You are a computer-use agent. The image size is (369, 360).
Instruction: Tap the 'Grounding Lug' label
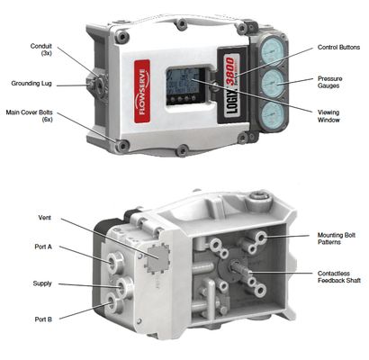(x=36, y=85)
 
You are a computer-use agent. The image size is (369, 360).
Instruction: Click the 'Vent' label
(x=45, y=218)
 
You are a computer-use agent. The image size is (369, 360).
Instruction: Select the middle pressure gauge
(x=268, y=84)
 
